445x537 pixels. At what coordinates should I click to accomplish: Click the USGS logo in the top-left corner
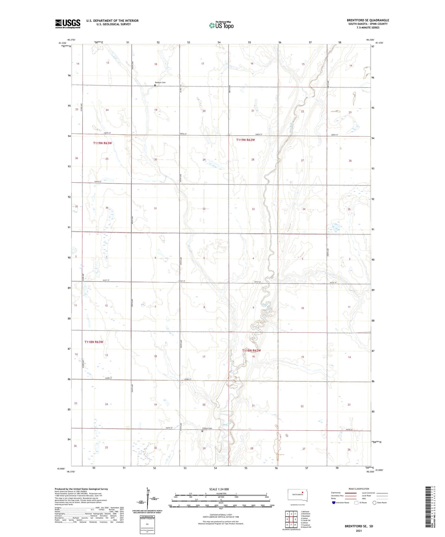[x=68, y=24]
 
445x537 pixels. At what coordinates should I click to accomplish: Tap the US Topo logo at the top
[x=221, y=25]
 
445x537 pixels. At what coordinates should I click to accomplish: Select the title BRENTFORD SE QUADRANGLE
[x=368, y=20]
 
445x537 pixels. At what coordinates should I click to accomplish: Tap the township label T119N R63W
[x=102, y=143]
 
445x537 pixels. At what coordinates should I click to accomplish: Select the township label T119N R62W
[x=245, y=140]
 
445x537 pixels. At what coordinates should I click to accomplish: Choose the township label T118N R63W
[x=94, y=342]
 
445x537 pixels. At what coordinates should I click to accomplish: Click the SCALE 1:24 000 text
[x=219, y=489]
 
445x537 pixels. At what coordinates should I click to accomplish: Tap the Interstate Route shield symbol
[x=334, y=503]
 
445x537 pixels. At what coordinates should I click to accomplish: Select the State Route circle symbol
[x=374, y=503]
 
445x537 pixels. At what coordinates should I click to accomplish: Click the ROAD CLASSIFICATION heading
[x=359, y=489]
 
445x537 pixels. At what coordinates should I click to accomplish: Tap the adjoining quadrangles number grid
[x=291, y=519]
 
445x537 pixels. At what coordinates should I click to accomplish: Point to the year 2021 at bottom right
[x=359, y=531]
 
